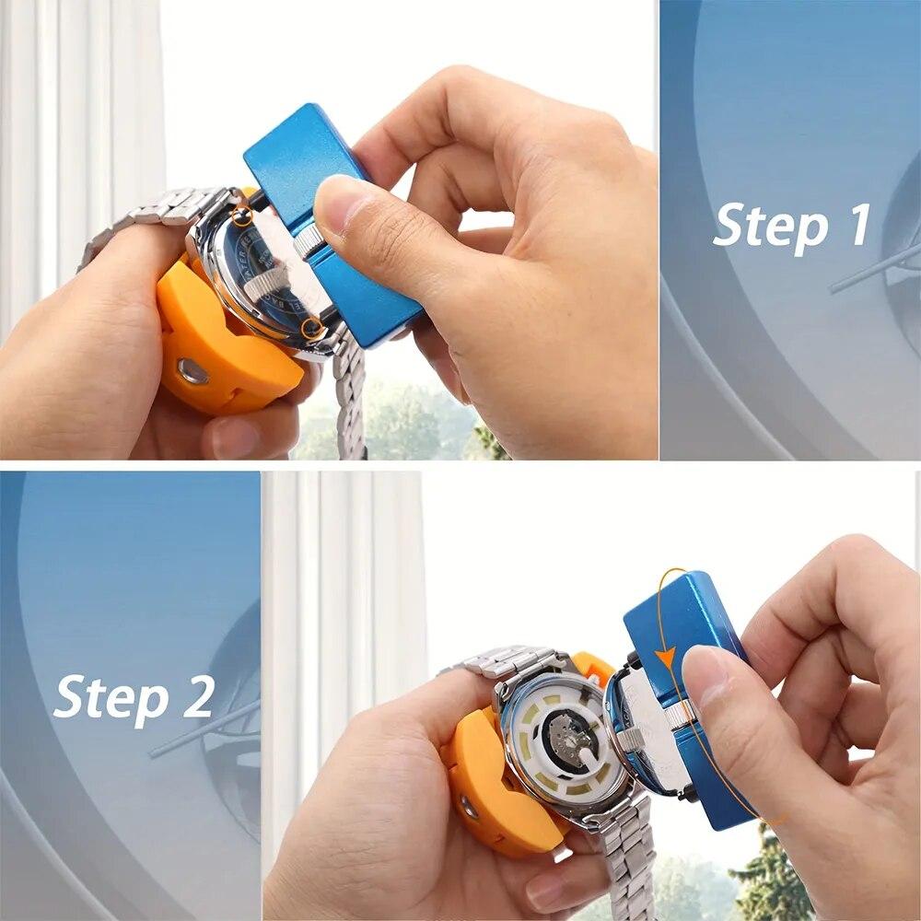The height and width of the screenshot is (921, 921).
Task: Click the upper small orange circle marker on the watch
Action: (242, 216)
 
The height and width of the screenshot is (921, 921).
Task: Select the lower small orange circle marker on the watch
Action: (314, 327)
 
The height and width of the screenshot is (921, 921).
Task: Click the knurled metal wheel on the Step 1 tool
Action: (309, 241)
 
